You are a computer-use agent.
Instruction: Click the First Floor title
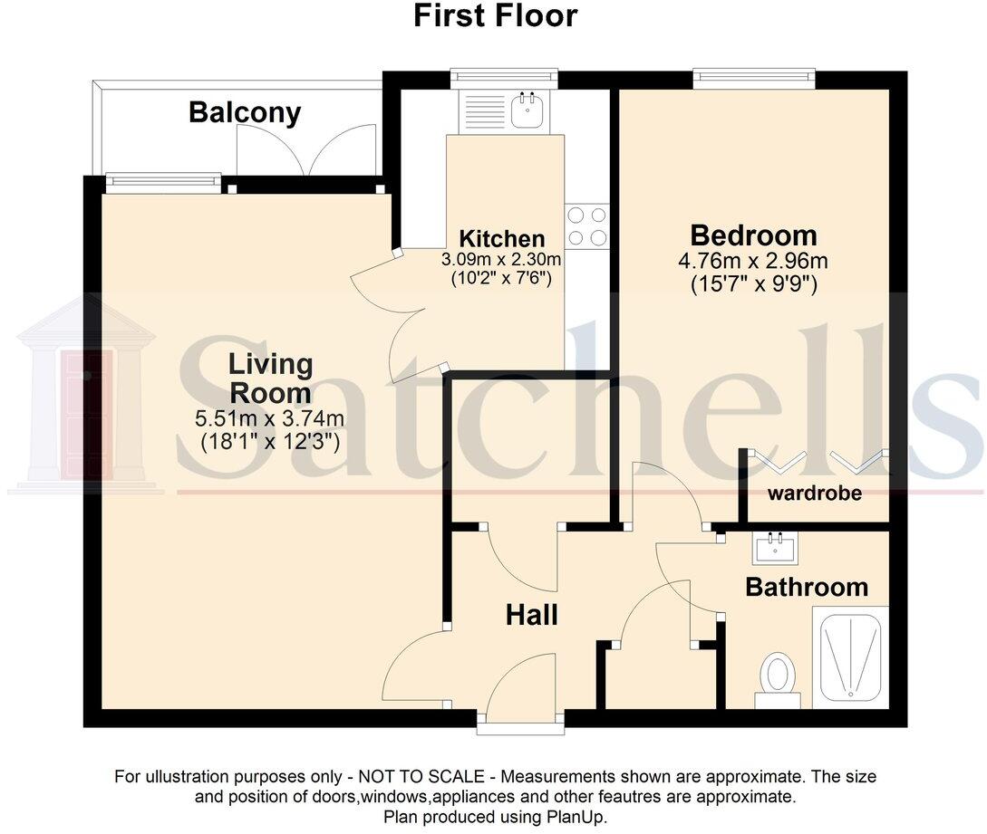click(x=495, y=15)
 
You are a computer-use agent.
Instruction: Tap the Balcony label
click(x=245, y=113)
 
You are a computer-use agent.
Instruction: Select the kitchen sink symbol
click(x=525, y=110)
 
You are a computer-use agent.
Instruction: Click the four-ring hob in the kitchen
click(x=585, y=226)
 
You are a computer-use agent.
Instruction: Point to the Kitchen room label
click(x=502, y=239)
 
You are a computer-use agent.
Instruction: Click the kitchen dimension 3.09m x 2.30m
click(x=501, y=259)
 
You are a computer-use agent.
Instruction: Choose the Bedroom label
click(x=753, y=235)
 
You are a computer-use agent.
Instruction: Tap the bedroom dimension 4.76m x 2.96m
click(x=753, y=262)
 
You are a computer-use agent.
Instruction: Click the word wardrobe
click(x=814, y=494)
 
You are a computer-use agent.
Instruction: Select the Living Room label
click(x=270, y=379)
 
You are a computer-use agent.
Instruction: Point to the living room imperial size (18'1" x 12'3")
click(x=270, y=442)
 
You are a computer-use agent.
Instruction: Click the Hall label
click(x=531, y=616)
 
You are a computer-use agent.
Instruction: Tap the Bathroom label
click(x=806, y=587)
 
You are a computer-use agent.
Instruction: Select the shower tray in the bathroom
click(x=850, y=658)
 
